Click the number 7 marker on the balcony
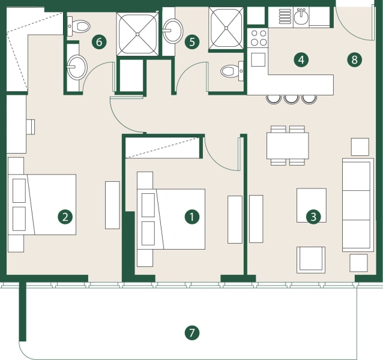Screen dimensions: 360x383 (x=191, y=332)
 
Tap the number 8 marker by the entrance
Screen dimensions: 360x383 (x=354, y=59)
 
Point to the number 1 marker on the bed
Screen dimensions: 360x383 (x=191, y=217)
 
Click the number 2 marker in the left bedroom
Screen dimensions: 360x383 (x=65, y=217)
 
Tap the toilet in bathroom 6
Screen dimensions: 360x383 (x=79, y=25)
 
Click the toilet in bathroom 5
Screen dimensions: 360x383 (x=229, y=71)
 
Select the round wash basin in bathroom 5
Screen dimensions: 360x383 (x=173, y=30)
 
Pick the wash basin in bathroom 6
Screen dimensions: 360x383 (x=76, y=67)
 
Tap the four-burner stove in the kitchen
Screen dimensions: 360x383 (x=259, y=38)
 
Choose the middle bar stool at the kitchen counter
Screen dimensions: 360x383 (x=292, y=98)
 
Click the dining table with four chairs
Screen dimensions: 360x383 (x=288, y=145)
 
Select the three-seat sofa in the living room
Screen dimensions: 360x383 (x=357, y=205)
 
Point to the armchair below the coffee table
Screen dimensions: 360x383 (x=311, y=259)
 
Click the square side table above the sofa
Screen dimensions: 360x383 (x=360, y=147)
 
